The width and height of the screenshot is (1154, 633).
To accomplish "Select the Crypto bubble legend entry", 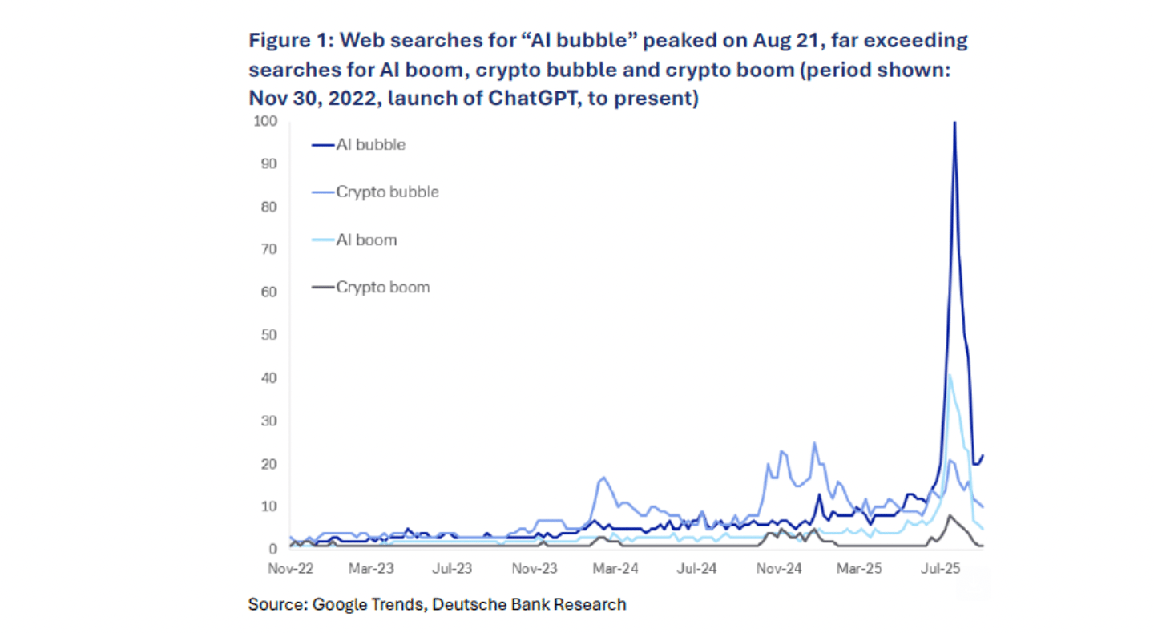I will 387,192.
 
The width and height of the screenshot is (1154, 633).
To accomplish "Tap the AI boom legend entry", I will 366,240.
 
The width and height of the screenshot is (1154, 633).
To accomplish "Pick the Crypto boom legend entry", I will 382,287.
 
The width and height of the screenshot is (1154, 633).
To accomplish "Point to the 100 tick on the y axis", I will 266,121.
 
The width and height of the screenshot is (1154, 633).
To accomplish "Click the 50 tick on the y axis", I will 269,335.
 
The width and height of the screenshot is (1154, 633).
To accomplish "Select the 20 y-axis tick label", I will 269,464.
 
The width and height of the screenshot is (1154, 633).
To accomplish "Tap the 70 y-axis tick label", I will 269,249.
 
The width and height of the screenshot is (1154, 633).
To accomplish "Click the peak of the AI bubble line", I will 954,123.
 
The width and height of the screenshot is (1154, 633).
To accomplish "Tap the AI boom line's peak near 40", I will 949,375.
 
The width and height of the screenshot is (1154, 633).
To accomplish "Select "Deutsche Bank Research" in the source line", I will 529,604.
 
